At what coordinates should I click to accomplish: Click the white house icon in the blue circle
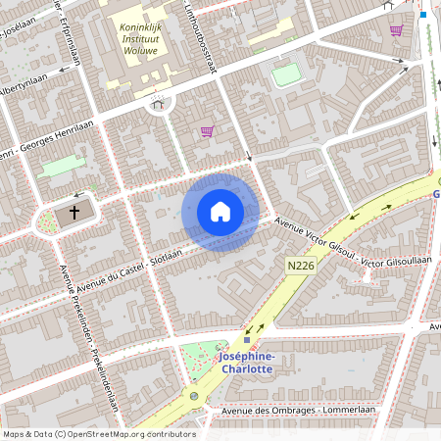[220, 212]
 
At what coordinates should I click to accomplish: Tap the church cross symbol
[73, 213]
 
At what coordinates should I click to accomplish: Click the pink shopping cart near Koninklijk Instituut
[207, 130]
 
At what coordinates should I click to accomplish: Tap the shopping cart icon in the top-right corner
[396, 30]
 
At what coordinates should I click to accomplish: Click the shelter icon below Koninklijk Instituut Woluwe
[157, 104]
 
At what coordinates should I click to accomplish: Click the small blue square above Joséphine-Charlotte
[247, 340]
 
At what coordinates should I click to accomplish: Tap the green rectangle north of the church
[61, 167]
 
